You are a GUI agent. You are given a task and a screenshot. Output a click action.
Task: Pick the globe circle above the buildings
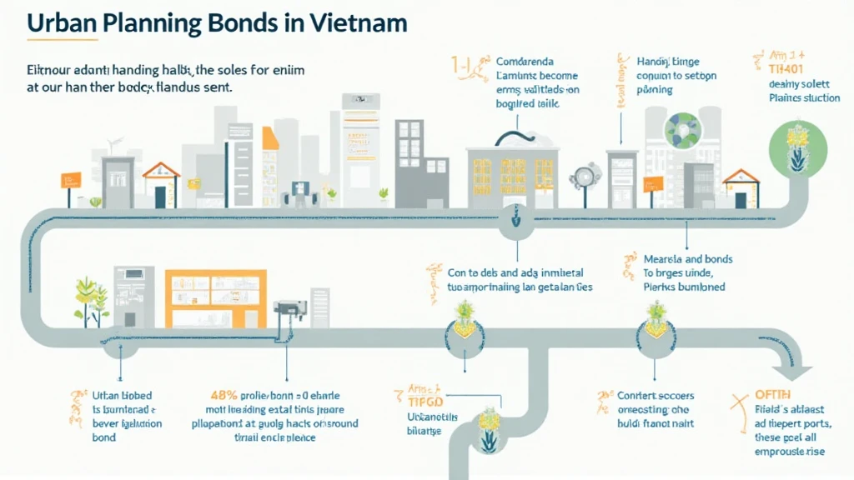[x=684, y=130]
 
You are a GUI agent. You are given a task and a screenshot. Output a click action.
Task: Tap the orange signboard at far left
[x=72, y=178]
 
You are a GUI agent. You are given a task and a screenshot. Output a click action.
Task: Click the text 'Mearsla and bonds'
[x=676, y=258]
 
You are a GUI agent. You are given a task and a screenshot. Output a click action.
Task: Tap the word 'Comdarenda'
[x=529, y=61]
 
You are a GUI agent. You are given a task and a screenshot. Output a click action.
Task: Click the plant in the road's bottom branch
[x=488, y=426]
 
